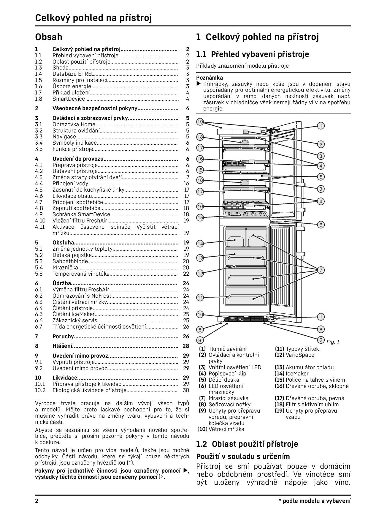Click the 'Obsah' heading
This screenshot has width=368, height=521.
(x=49, y=37)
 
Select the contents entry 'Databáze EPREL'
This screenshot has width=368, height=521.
(x=73, y=74)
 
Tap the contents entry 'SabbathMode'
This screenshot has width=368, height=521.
(x=70, y=261)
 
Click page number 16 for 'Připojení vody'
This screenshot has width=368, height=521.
(x=186, y=184)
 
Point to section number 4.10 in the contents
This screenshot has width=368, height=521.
(x=40, y=221)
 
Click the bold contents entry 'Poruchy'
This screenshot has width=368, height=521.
(x=63, y=337)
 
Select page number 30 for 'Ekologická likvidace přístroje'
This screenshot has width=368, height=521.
(x=186, y=390)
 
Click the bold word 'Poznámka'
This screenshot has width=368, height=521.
(x=210, y=78)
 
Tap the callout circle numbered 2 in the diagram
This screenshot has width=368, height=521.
(x=321, y=144)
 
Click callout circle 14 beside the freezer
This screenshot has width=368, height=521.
(x=200, y=244)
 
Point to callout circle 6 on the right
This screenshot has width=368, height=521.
(x=321, y=225)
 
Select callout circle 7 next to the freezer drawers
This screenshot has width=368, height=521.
(x=321, y=270)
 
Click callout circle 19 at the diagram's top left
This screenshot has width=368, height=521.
(x=200, y=122)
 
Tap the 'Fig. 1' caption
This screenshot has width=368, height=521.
(x=333, y=342)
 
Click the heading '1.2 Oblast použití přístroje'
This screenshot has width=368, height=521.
(x=247, y=444)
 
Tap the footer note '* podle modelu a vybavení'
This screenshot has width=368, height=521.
(x=314, y=501)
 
